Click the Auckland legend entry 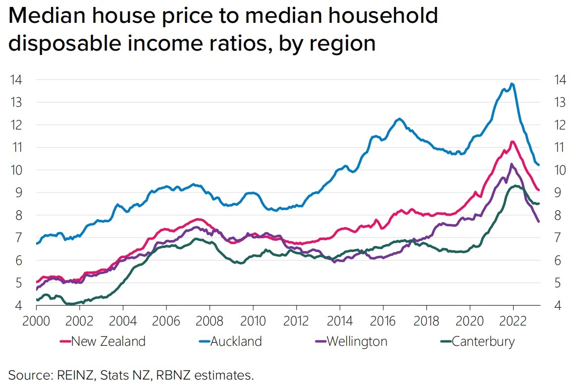(x=236, y=341)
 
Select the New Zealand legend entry (x=108, y=341)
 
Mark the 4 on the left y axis (x=18, y=306)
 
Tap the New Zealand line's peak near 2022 (x=513, y=142)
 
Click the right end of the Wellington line (x=539, y=221)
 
